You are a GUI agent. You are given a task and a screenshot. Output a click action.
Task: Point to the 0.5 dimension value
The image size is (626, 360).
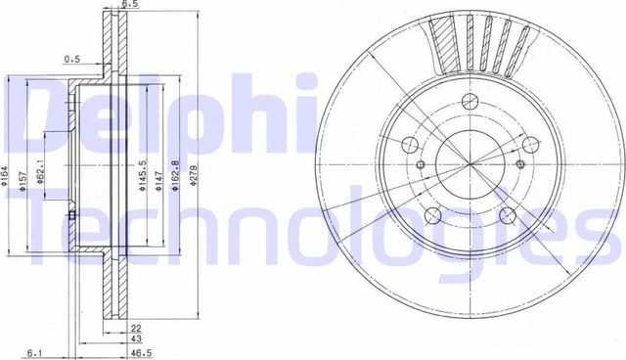coord(72,59)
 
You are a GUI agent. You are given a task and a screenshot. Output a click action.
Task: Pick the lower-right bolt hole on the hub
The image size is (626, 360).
coord(506,215)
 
